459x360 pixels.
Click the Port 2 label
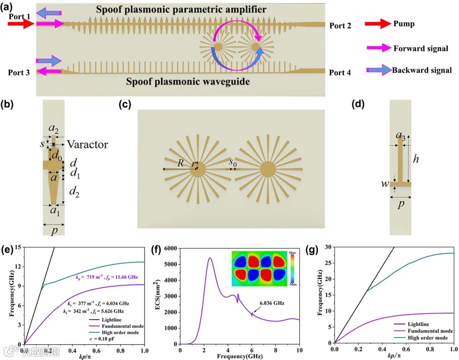[x=340, y=26]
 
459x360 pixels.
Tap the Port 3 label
[x=19, y=73]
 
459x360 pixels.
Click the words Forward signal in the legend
[x=421, y=48]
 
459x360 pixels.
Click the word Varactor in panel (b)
[x=87, y=145]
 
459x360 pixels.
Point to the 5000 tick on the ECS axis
[x=172, y=264]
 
